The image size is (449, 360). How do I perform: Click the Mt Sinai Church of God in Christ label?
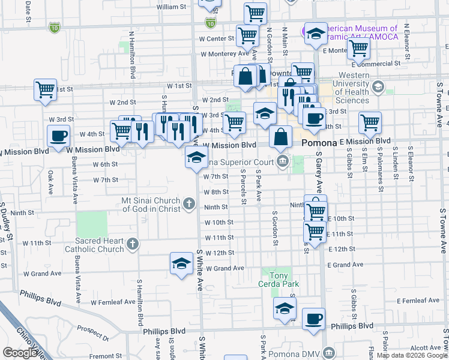coord(151,204)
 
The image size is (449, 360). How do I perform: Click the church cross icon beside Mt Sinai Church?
coord(189,204)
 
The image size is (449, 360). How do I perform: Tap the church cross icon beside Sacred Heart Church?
coord(133,244)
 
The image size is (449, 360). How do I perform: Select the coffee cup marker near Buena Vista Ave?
coord(58,135)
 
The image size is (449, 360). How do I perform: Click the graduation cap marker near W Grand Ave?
coord(181,263)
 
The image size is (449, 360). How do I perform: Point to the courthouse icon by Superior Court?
coord(283,160)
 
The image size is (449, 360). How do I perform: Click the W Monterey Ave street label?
coord(221,53)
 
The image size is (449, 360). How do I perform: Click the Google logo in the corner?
coord(20,353)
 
